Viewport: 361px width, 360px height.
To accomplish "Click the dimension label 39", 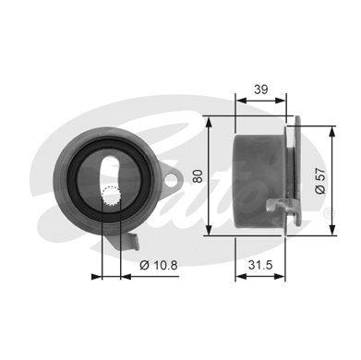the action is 261,90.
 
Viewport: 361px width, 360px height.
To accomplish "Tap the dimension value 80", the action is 199,176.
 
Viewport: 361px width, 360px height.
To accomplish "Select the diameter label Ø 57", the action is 320,181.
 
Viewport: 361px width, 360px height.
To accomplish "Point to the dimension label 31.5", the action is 260,265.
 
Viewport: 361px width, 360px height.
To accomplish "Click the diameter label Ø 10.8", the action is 159,265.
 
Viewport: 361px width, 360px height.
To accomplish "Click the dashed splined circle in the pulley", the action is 111,198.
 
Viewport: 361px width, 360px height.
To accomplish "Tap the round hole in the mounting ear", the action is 171,180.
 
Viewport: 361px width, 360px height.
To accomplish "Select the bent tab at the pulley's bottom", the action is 133,242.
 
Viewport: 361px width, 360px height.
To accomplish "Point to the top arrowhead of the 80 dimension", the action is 209,122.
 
